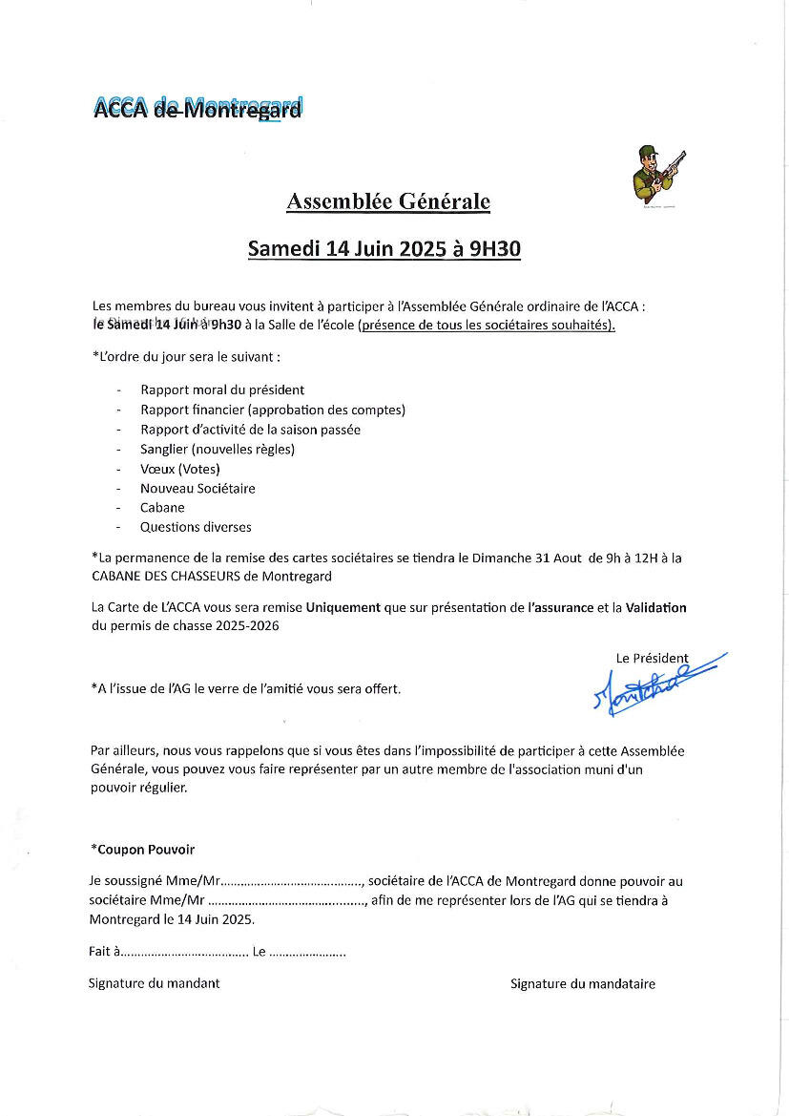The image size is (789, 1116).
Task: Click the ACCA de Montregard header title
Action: point(198,108)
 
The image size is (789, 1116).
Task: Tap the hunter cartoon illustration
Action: point(657,174)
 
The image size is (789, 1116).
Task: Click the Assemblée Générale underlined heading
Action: point(388,201)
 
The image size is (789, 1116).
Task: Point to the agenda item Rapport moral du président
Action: point(222,390)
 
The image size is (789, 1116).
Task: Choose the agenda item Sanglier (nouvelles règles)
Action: point(218,449)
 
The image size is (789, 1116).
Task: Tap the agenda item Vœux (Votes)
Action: point(180,469)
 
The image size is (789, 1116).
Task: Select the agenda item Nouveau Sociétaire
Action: point(197,488)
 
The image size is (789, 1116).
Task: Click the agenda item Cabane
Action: point(162,508)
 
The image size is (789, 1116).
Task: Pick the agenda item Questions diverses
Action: point(196,527)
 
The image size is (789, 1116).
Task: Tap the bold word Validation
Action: point(655,607)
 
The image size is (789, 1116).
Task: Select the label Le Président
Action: point(652,658)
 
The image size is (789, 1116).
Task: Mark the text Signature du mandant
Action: point(154,982)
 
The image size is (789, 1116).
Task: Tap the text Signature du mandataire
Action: point(582,983)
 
